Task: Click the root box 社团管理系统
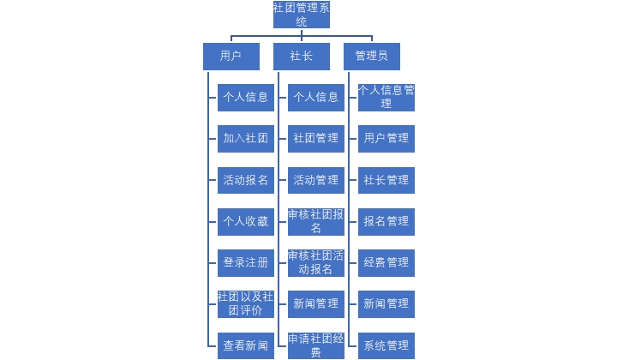click(x=302, y=15)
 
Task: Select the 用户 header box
click(x=231, y=57)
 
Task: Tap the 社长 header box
click(x=302, y=57)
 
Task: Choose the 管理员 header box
click(x=371, y=57)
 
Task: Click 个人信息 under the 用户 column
click(x=246, y=97)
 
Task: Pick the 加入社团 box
click(x=246, y=138)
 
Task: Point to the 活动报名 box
click(x=246, y=180)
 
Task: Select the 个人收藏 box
click(x=246, y=221)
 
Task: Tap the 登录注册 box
click(x=246, y=262)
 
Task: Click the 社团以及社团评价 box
click(x=246, y=303)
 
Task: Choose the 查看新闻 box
click(x=246, y=345)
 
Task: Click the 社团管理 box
click(x=316, y=138)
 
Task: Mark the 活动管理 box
click(x=316, y=180)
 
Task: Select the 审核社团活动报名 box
click(x=316, y=262)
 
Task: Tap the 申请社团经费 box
click(x=316, y=345)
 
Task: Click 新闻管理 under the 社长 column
click(x=316, y=303)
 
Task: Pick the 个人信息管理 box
click(x=386, y=97)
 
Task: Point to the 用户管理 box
click(x=386, y=138)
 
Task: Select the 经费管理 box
click(x=386, y=262)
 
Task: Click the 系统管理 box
click(x=386, y=345)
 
